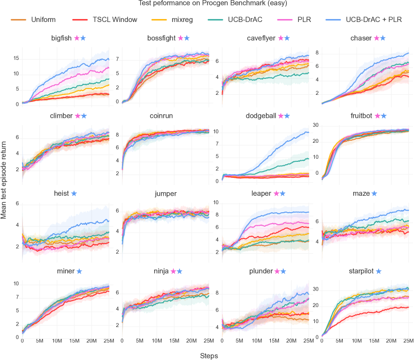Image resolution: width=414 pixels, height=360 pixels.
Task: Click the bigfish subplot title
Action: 62,38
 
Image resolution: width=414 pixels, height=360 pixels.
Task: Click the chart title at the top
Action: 207,3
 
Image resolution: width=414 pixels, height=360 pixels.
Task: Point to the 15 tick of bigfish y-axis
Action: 16,58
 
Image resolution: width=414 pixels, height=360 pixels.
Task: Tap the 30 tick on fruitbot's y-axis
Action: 314,125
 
